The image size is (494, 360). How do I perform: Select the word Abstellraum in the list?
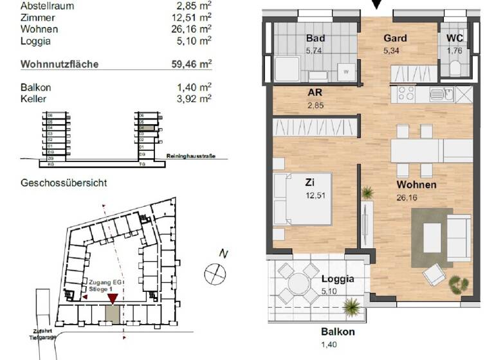point(47,6)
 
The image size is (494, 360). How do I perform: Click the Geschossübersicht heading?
point(64,183)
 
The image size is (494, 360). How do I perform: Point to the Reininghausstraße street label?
point(190,156)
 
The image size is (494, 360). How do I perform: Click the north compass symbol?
point(215,273)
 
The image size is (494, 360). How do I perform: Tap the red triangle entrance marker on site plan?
point(112,297)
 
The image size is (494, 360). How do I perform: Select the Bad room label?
point(315,38)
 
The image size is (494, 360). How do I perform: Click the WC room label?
point(455,38)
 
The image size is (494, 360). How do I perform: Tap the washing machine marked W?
point(347,71)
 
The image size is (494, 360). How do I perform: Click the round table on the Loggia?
point(298,283)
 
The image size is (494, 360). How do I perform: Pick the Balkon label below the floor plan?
point(338,332)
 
